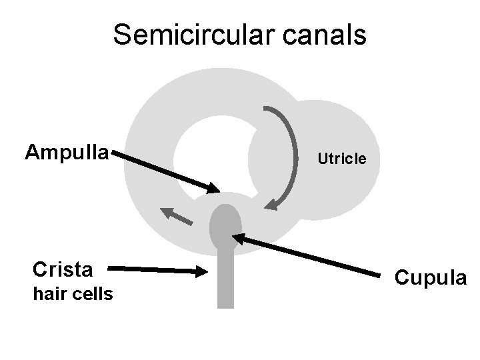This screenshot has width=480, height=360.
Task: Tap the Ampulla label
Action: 67,153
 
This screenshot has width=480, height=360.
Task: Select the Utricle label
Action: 341,159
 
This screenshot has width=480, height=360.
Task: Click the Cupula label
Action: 431,277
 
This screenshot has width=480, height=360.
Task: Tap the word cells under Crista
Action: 92,293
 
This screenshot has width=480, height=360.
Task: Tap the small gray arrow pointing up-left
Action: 175,215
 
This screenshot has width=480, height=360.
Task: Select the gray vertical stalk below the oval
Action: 226,280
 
